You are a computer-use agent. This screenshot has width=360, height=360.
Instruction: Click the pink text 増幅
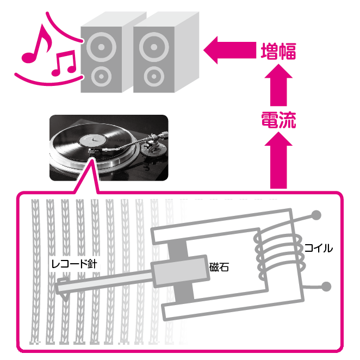coord(278,51)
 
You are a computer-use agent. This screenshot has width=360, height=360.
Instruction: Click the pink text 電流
coord(278,120)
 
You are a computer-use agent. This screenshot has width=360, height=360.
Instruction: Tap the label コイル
coord(319,249)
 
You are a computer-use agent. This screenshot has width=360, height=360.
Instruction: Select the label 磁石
coord(219,267)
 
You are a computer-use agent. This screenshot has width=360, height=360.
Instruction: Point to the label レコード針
coord(75,264)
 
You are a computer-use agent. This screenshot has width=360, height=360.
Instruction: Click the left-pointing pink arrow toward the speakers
coord(229,50)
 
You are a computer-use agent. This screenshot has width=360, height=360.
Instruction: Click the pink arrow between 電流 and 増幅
coord(278,85)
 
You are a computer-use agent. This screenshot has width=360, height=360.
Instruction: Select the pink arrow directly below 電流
coord(278,160)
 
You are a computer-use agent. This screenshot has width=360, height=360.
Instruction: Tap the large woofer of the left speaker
coord(101,47)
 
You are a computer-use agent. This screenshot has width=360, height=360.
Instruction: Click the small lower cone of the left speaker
coord(101,77)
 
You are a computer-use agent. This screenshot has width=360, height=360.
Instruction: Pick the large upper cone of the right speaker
coord(154,47)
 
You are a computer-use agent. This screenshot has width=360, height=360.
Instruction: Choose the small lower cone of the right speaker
coord(154,77)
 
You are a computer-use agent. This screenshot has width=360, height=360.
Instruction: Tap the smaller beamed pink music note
coord(64,64)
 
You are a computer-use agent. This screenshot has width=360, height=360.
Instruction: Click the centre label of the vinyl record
coord(93,140)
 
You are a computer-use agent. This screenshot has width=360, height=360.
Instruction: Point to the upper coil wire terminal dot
coord(316,215)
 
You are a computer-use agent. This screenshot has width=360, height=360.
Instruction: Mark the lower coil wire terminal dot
coord(326,287)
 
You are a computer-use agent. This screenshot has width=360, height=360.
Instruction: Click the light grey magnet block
coord(180,271)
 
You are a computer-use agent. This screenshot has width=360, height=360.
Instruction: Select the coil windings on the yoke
coord(280,255)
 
